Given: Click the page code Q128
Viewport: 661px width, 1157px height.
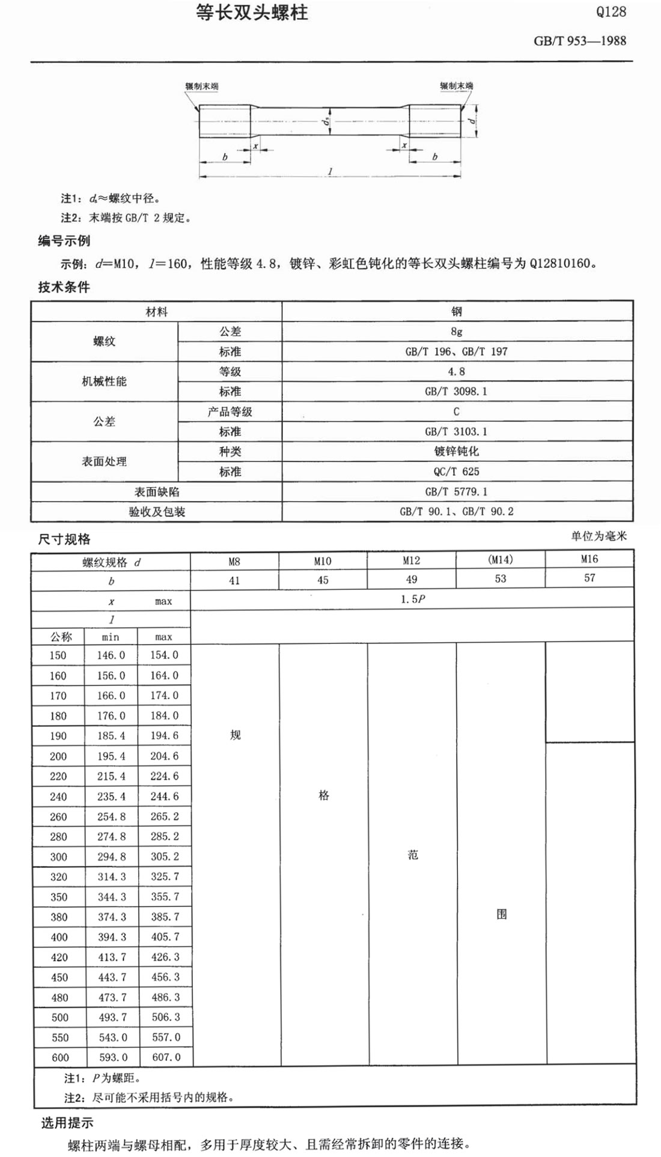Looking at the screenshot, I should [x=611, y=12].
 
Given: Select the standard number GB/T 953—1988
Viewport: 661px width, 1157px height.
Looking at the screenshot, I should [x=580, y=41].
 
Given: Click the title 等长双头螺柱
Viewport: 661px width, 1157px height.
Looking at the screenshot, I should [x=252, y=13].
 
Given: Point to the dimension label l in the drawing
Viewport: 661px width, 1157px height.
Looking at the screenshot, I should [x=330, y=171].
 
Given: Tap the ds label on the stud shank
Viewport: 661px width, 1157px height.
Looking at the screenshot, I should [x=325, y=123].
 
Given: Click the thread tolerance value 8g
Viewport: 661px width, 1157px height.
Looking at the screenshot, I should [x=457, y=332].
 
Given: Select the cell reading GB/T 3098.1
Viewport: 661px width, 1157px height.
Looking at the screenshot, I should [x=456, y=392].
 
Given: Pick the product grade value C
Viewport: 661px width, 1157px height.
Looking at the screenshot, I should [x=457, y=411].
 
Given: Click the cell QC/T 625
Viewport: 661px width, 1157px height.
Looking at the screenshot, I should [x=456, y=472].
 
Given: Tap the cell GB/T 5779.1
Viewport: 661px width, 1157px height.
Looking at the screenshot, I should [x=456, y=491].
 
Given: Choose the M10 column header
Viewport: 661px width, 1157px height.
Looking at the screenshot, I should [x=323, y=561].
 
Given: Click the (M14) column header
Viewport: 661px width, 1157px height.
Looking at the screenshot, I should [x=501, y=560].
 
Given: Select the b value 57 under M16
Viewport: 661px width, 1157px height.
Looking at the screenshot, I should [x=589, y=578].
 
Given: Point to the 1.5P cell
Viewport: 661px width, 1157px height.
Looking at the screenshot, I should [x=413, y=600].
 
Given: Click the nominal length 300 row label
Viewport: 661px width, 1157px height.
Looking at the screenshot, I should [x=58, y=857].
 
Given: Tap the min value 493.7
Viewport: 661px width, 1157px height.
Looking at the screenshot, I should [x=112, y=1017].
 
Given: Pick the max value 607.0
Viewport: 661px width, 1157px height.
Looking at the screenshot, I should [x=165, y=1057].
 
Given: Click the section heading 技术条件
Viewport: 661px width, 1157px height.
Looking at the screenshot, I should [x=64, y=287].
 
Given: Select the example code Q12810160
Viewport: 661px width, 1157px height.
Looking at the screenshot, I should [x=561, y=263].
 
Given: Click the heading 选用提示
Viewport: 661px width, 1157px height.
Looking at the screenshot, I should [x=67, y=1123].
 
